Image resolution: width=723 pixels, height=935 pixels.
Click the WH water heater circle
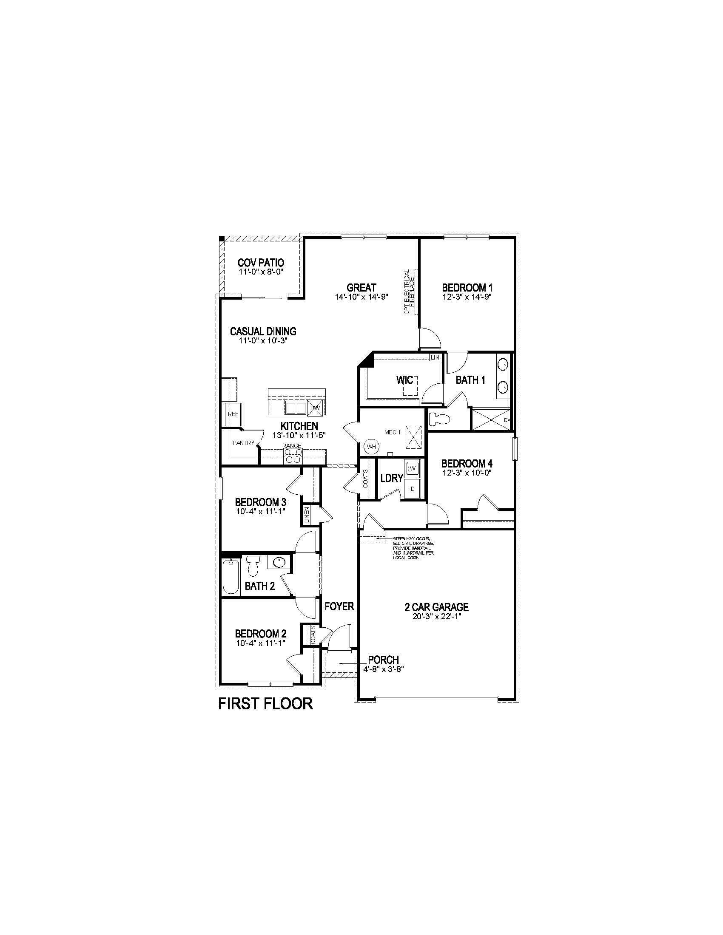pos(371,447)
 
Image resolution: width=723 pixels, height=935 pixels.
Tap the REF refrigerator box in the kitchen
pos(233,414)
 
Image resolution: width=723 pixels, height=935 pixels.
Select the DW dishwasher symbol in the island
pos(315,408)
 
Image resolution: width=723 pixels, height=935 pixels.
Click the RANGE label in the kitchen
pos(292,446)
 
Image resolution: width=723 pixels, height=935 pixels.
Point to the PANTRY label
pos(243,443)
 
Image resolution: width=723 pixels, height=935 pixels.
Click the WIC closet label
pos(404,380)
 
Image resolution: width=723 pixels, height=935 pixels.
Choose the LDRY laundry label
pos(391,478)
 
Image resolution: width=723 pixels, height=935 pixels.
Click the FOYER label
pos(339,606)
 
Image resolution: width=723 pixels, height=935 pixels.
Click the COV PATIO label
pos(261,263)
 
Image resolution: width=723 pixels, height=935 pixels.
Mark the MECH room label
pos(392,432)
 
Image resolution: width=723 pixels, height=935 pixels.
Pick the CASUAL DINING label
pos(263,331)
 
